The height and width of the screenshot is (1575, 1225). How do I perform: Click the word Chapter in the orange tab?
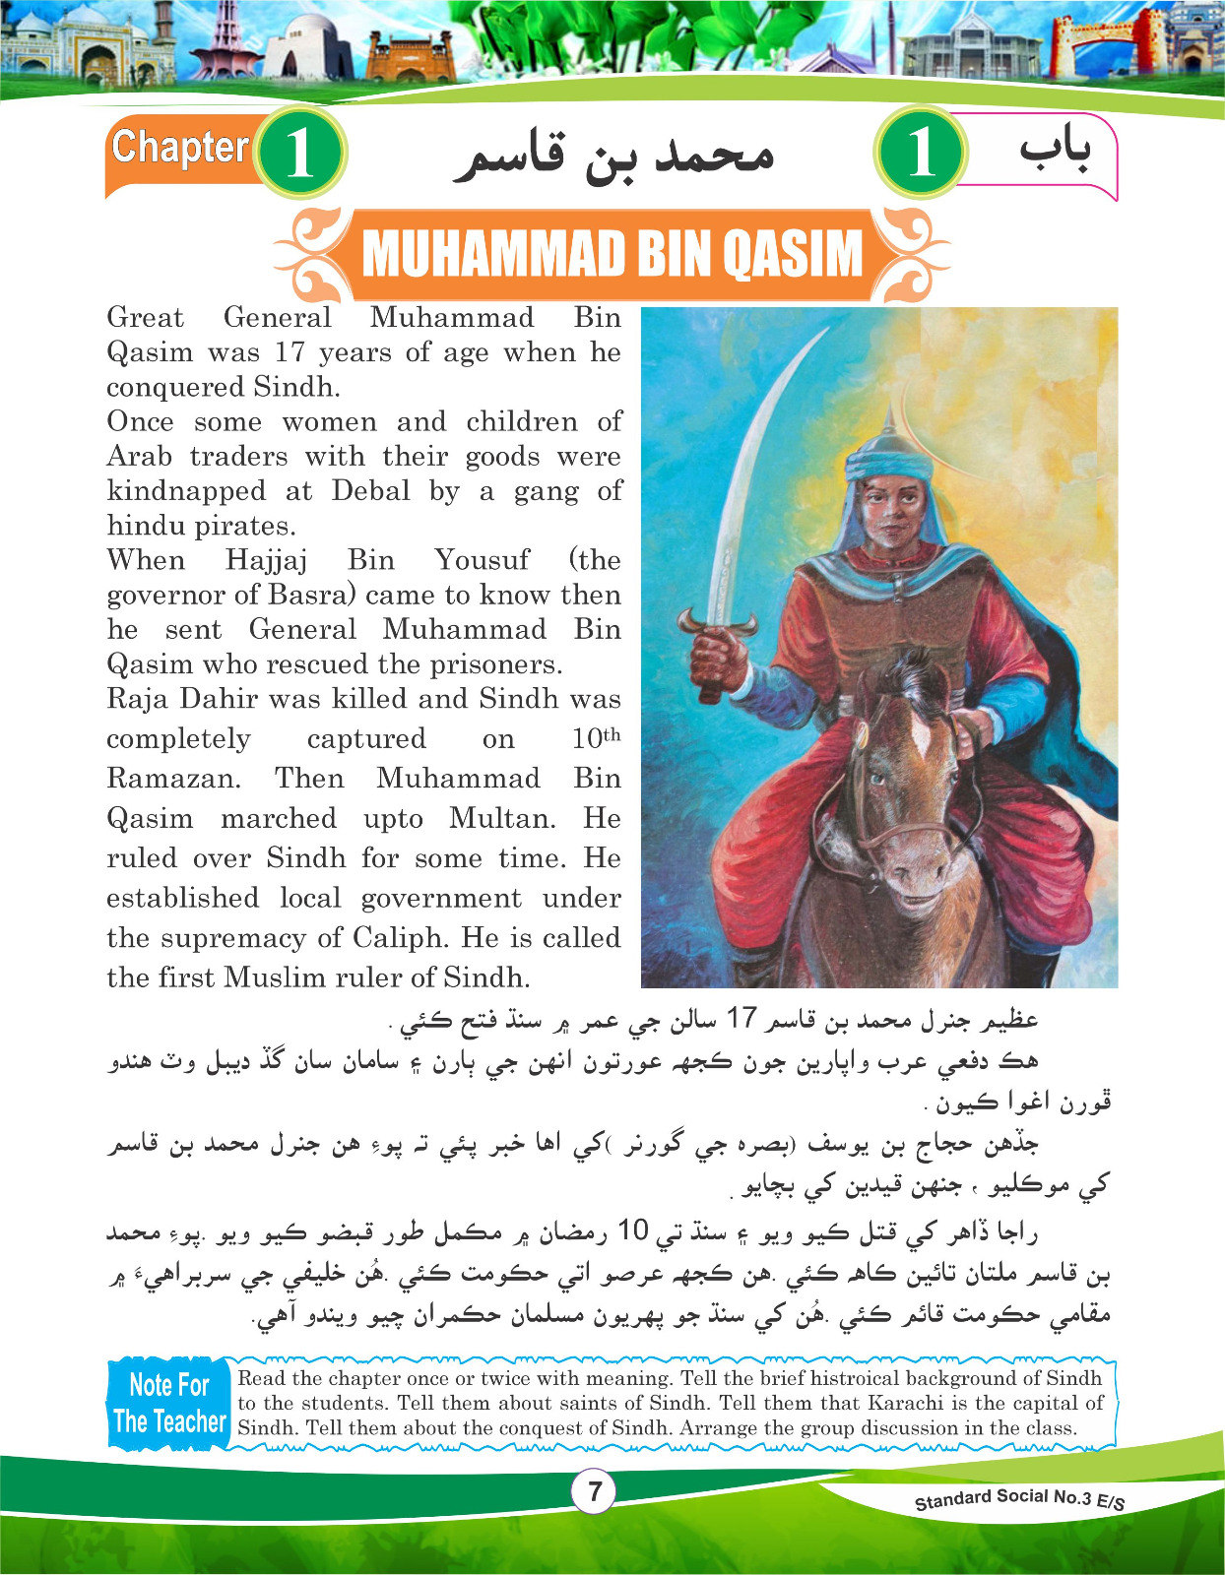[180, 148]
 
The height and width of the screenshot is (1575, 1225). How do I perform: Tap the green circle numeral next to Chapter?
[299, 153]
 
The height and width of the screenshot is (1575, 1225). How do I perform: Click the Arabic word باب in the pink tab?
[1055, 149]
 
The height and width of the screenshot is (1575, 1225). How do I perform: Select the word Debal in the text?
[370, 490]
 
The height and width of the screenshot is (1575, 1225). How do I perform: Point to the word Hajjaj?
[266, 560]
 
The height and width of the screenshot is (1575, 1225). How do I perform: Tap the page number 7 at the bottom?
[594, 1491]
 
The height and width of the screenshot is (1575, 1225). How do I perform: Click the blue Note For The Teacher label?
[169, 1403]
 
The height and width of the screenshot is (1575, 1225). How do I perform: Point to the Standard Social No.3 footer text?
[1019, 1499]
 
